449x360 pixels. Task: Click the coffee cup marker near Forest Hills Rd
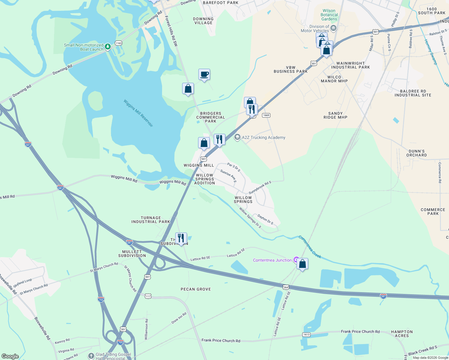(204, 74)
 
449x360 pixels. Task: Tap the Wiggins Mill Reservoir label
(138, 113)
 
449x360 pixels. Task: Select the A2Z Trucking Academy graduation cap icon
(237, 137)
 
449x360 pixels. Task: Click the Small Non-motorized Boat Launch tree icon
(108, 47)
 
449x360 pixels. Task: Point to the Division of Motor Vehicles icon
(333, 28)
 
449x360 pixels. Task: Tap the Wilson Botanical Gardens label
(329, 15)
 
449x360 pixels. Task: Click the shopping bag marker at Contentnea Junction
(302, 264)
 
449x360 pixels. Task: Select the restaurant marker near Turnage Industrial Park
(181, 238)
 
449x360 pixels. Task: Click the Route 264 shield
(285, 287)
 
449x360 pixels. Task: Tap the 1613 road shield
(306, 334)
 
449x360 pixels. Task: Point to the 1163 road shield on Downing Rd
(119, 43)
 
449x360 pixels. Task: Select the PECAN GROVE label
(196, 289)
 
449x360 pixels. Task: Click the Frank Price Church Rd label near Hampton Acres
(360, 331)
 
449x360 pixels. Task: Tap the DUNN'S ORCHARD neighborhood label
(417, 153)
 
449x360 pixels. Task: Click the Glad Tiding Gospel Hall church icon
(91, 356)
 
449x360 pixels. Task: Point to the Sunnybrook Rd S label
(260, 187)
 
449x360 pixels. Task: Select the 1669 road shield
(266, 115)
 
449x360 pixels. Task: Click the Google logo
(10, 356)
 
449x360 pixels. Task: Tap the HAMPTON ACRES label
(402, 334)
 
